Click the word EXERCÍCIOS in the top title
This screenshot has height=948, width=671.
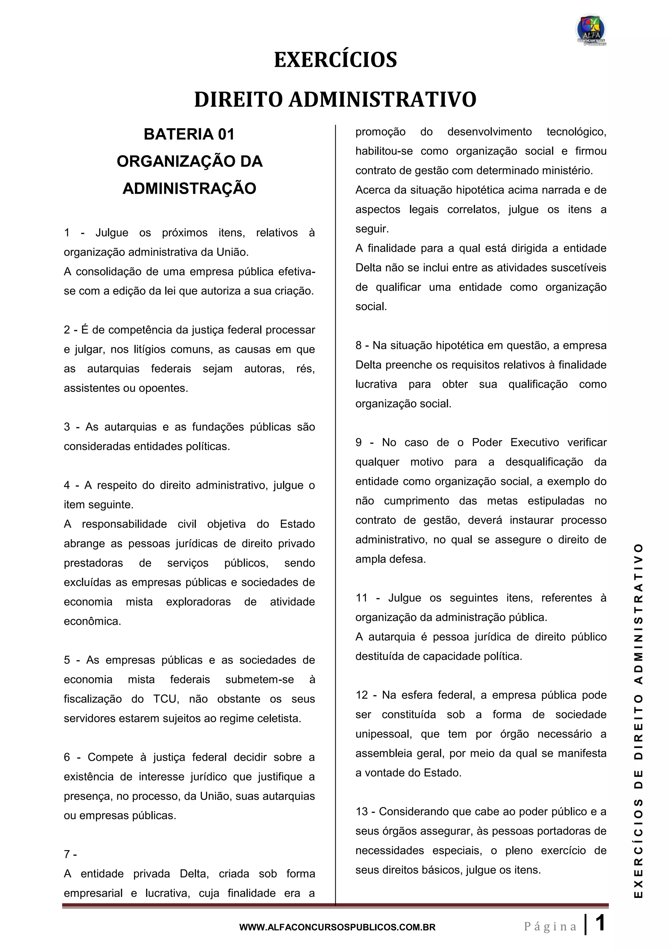[335, 60]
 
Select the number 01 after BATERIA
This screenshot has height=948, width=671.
[226, 135]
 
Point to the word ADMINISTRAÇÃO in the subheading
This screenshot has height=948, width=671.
[190, 189]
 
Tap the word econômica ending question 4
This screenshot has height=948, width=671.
[92, 621]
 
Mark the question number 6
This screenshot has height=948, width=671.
[67, 757]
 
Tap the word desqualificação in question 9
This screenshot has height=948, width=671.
[544, 462]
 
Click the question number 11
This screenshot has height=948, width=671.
[361, 598]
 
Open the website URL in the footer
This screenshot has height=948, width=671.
[337, 927]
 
